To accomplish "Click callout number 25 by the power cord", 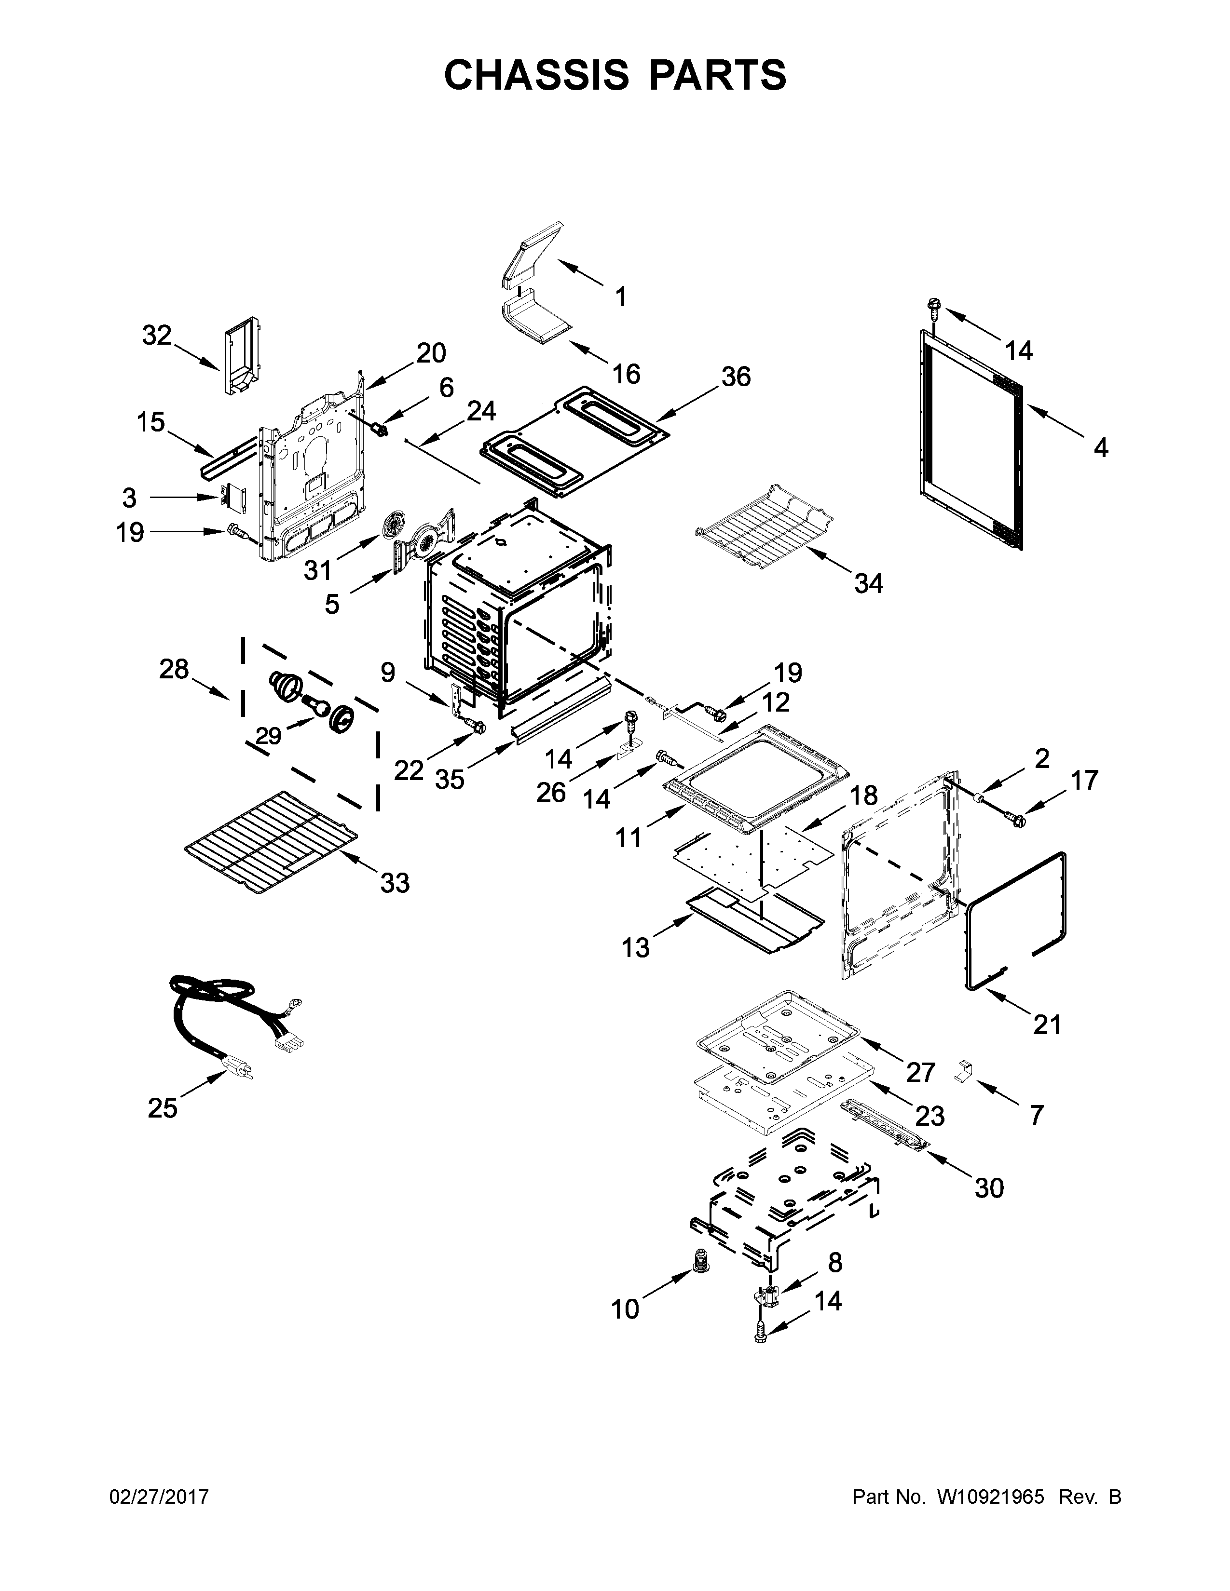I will click(163, 1108).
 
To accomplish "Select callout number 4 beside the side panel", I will click(1100, 447).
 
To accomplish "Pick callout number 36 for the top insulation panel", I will click(736, 377).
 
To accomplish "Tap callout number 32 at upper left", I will click(157, 336).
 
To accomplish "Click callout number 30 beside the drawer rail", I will click(989, 1187).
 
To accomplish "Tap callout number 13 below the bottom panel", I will click(635, 948).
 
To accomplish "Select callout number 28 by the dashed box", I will click(174, 669).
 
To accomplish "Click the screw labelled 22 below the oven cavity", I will click(477, 726).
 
